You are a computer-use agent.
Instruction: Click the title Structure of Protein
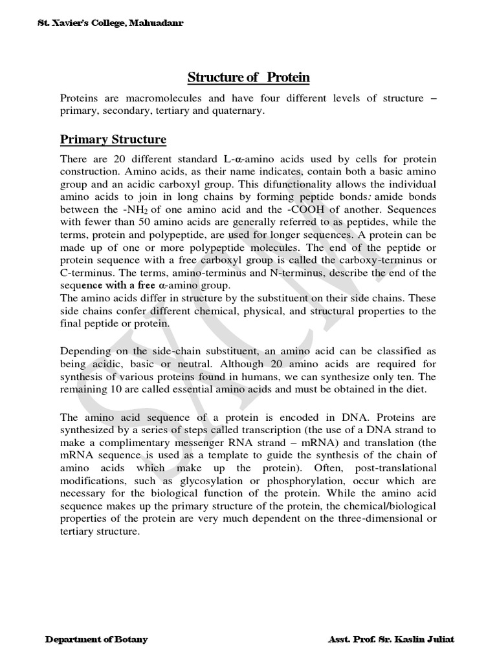tap(248, 78)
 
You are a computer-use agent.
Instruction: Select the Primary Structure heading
tap(113, 140)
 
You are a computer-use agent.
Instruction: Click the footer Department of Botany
tap(96, 639)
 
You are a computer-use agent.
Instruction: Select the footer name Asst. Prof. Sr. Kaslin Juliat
tap(392, 639)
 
